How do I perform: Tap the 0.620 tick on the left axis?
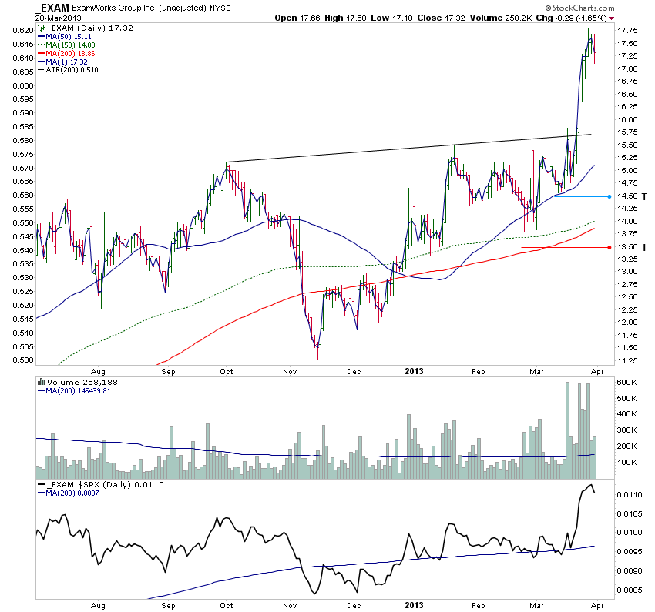pos(22,31)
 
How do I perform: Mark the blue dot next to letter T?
pos(610,196)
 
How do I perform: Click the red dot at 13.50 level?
pos(610,247)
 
